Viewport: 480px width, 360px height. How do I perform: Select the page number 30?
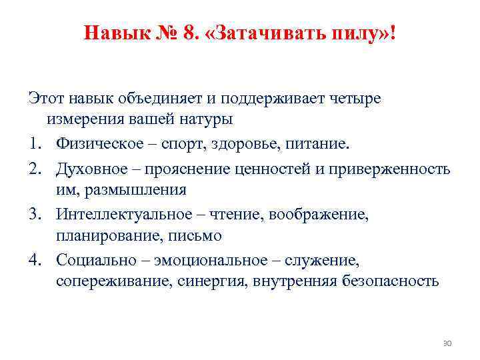(x=447, y=343)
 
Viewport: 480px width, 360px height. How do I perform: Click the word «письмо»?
(x=197, y=236)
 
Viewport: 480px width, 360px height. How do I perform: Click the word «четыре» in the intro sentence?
(x=355, y=99)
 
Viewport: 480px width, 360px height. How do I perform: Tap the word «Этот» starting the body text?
(x=44, y=99)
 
